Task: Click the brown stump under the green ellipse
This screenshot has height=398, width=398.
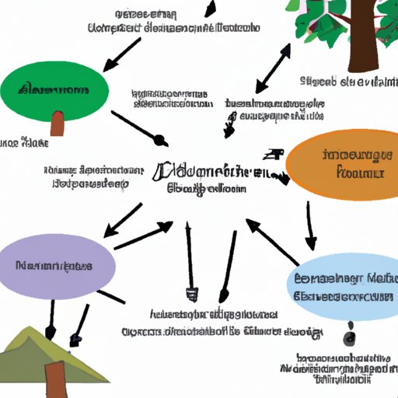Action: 57,123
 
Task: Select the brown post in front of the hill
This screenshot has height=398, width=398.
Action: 57,381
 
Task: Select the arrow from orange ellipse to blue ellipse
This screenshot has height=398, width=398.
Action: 309,225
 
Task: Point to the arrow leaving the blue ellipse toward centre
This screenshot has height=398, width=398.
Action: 272,241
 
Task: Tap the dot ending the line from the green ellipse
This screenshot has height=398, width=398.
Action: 160,141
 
